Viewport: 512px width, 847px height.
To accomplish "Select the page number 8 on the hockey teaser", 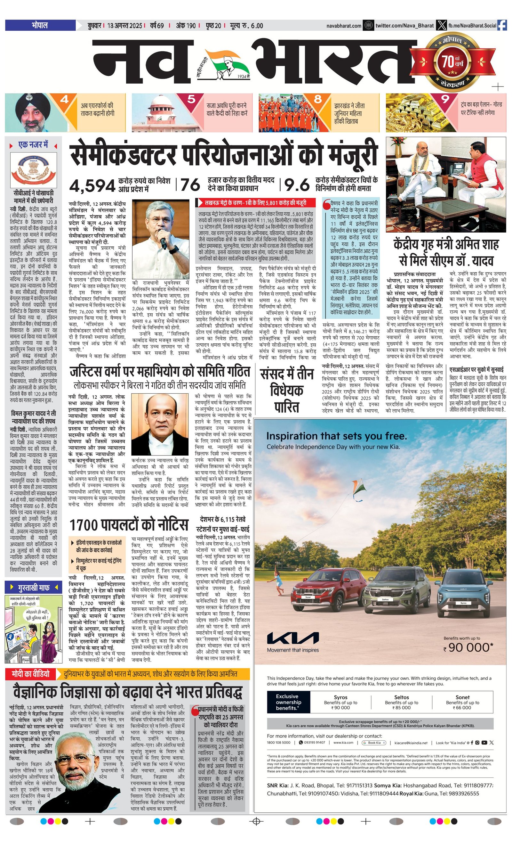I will tap(318, 99).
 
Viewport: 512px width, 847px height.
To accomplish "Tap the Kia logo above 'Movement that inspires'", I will tap(292, 638).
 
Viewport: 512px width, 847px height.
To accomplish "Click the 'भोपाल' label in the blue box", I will tap(40, 25).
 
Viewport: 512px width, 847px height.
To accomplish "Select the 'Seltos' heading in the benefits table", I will tap(401, 697).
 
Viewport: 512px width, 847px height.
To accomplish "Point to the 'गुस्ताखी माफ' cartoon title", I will tap(34, 587).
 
